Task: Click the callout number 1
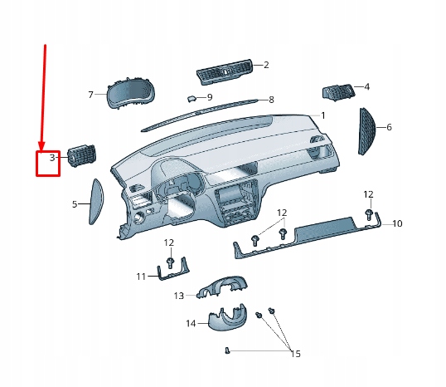point(323,115)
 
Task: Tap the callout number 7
point(91,94)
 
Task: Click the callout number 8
point(271,100)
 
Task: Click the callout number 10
point(397,223)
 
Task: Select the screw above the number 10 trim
point(367,216)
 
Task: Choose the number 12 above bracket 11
point(169,242)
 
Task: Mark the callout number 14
point(191,323)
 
